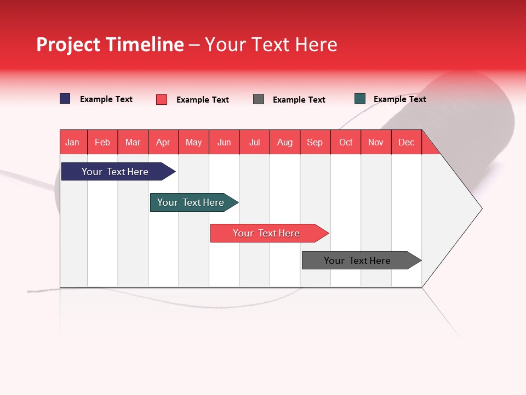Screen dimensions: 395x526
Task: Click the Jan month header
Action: (73, 142)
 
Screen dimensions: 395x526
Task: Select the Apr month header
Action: (163, 142)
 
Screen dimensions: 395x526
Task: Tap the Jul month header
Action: (254, 142)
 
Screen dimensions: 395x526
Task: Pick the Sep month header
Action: (315, 142)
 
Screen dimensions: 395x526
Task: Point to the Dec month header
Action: (406, 142)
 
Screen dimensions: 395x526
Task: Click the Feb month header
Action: (102, 142)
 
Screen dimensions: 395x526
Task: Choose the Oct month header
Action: (346, 142)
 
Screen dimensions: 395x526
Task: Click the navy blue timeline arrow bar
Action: (115, 172)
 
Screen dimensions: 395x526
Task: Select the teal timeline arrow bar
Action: (191, 202)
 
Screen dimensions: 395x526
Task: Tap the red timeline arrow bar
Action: (266, 233)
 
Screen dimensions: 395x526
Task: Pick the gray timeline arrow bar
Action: (357, 261)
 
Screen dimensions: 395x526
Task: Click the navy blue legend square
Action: (65, 99)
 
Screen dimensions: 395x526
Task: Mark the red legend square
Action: (162, 99)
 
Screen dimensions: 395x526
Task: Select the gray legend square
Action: (259, 99)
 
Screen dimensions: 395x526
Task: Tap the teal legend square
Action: (360, 99)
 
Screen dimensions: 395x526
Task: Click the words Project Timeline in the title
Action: (110, 44)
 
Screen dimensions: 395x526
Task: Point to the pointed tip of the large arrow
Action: (481, 208)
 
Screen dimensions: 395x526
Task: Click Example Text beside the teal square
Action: (399, 99)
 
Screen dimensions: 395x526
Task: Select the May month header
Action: (193, 142)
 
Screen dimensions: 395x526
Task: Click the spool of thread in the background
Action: (466, 121)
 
